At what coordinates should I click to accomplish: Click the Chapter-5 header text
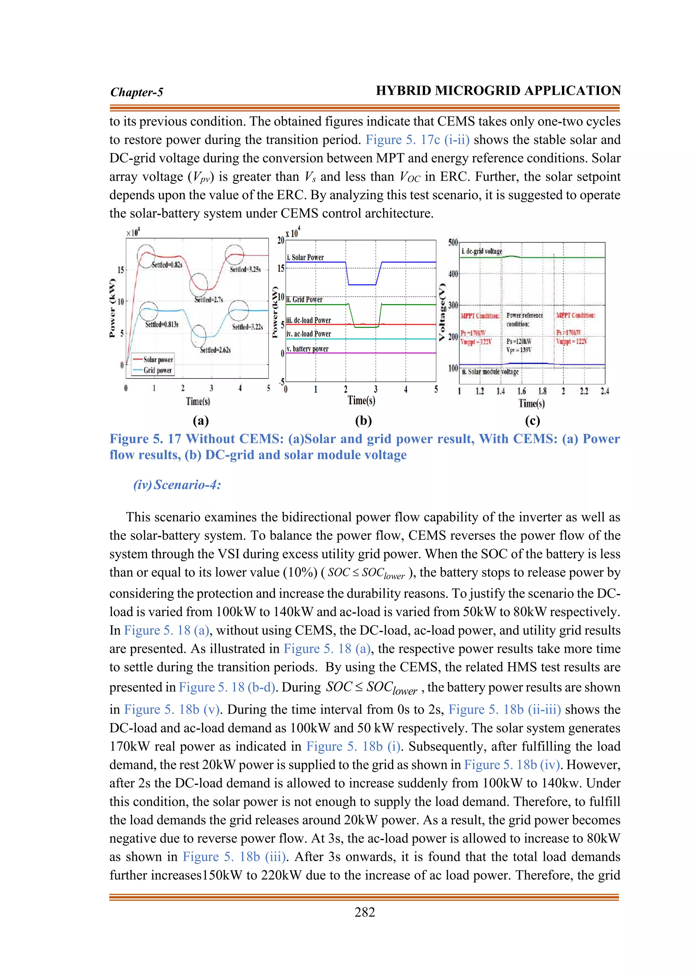click(x=136, y=92)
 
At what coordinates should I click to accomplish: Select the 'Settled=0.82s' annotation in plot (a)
click(x=167, y=265)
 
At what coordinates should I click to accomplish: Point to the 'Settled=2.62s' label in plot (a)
click(x=215, y=350)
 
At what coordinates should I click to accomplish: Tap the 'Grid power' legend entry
click(x=158, y=370)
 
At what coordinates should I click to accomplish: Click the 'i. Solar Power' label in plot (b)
click(x=305, y=257)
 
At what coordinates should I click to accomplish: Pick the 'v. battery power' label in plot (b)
click(x=307, y=348)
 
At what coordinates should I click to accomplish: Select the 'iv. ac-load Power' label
click(x=309, y=334)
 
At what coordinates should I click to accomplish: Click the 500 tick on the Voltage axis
click(x=453, y=242)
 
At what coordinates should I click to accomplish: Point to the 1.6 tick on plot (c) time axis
click(x=521, y=391)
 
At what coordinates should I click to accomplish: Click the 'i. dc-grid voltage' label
click(x=482, y=251)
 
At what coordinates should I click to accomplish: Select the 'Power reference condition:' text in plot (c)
click(x=524, y=319)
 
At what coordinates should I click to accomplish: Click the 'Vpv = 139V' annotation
click(x=519, y=350)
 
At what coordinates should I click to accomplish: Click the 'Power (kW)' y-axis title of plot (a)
click(x=112, y=308)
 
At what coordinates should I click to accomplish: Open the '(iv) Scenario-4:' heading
click(x=177, y=485)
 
